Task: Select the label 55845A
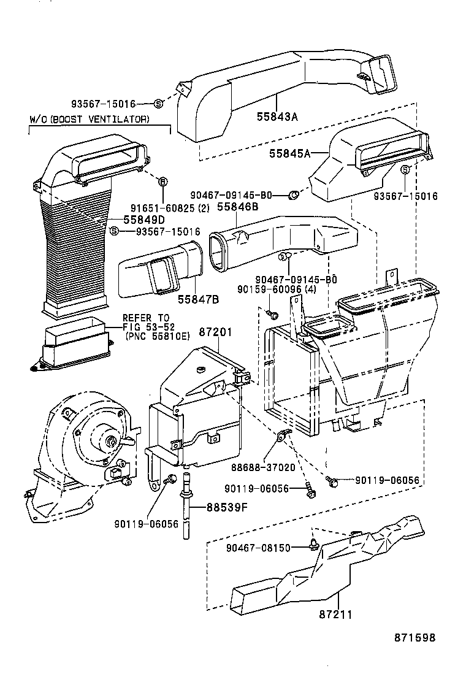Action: tap(290, 154)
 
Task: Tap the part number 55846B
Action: tap(237, 209)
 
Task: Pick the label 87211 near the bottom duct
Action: tap(335, 613)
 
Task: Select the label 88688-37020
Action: tap(263, 467)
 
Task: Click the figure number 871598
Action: tap(414, 637)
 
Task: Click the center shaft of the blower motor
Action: tap(110, 442)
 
